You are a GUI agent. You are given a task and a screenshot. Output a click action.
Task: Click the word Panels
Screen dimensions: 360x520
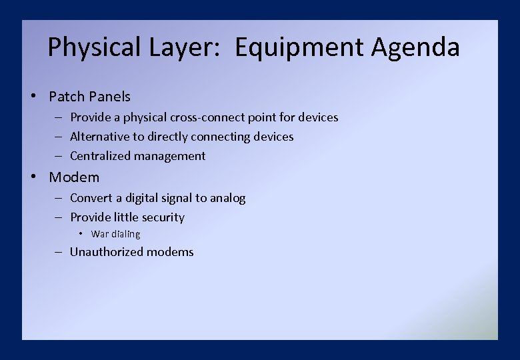click(x=109, y=97)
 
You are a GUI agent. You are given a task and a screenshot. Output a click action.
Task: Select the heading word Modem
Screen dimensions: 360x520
click(x=74, y=177)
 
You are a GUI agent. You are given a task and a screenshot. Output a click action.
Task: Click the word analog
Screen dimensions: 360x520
click(x=228, y=198)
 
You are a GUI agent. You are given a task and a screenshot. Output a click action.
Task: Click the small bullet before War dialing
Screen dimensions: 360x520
click(x=79, y=234)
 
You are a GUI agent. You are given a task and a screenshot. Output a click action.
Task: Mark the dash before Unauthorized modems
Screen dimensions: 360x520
click(x=58, y=252)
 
